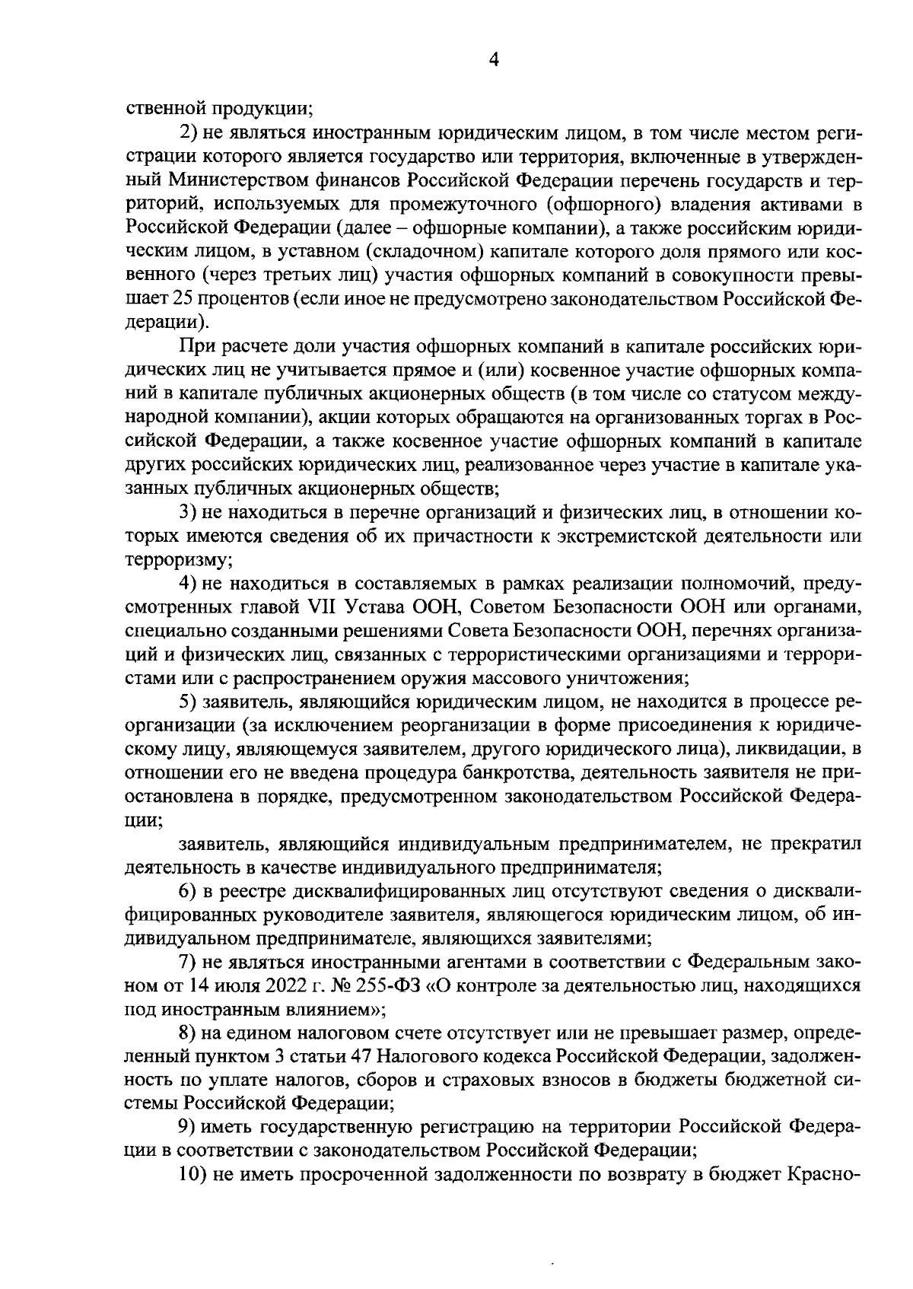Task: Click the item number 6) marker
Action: point(189,890)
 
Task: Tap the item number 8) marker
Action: point(189,1033)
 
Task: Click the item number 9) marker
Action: point(189,1127)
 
